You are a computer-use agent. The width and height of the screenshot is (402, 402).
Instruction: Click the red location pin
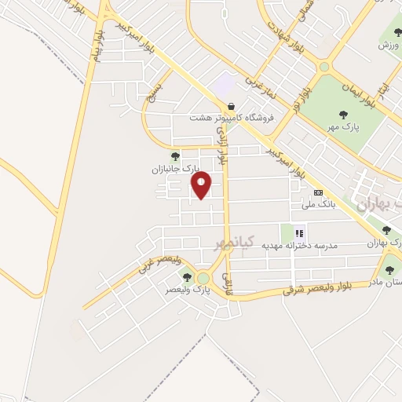point(202,185)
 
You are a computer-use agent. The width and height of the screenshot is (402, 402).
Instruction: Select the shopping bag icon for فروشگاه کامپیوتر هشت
point(231,106)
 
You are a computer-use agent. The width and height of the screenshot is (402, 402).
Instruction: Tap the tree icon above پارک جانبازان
point(175,155)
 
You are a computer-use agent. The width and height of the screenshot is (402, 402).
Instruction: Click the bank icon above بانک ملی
point(318,192)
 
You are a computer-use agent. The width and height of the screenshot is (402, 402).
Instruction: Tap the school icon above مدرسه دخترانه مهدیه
point(299,233)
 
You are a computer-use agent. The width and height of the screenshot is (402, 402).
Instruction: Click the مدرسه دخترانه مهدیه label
point(299,246)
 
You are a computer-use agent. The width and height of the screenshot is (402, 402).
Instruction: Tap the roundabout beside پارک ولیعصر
point(203,278)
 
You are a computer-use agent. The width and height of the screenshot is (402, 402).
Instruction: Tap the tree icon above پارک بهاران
point(386,230)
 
